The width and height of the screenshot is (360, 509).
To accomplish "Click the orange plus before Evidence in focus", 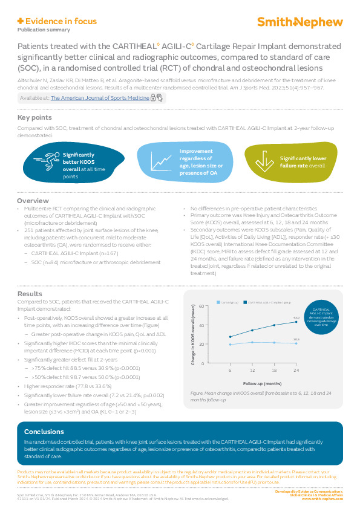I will coord(21,21).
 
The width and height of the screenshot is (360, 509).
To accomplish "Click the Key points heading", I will coord(34,117).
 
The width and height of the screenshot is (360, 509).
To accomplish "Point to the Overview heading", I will coord(33,200).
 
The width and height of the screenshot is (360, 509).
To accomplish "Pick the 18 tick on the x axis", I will coord(274,369).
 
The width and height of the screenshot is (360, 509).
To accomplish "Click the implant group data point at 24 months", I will coord(296,322).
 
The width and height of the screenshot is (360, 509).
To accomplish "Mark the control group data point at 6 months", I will coord(230,344).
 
